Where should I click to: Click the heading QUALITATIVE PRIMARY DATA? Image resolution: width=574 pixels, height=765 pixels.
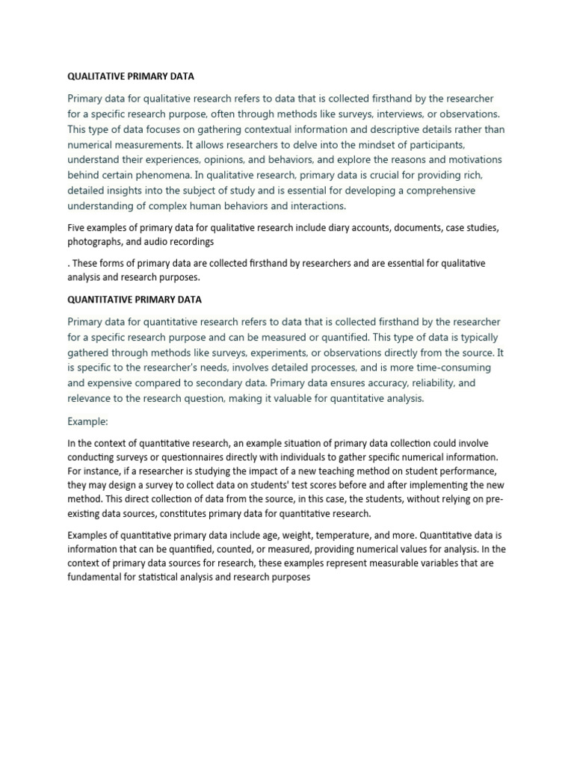coord(131,76)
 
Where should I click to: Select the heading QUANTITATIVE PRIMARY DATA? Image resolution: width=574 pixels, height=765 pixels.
coord(135,300)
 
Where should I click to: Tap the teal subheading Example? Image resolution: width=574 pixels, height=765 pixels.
coord(88,421)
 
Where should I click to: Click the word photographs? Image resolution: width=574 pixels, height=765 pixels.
coord(93,242)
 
